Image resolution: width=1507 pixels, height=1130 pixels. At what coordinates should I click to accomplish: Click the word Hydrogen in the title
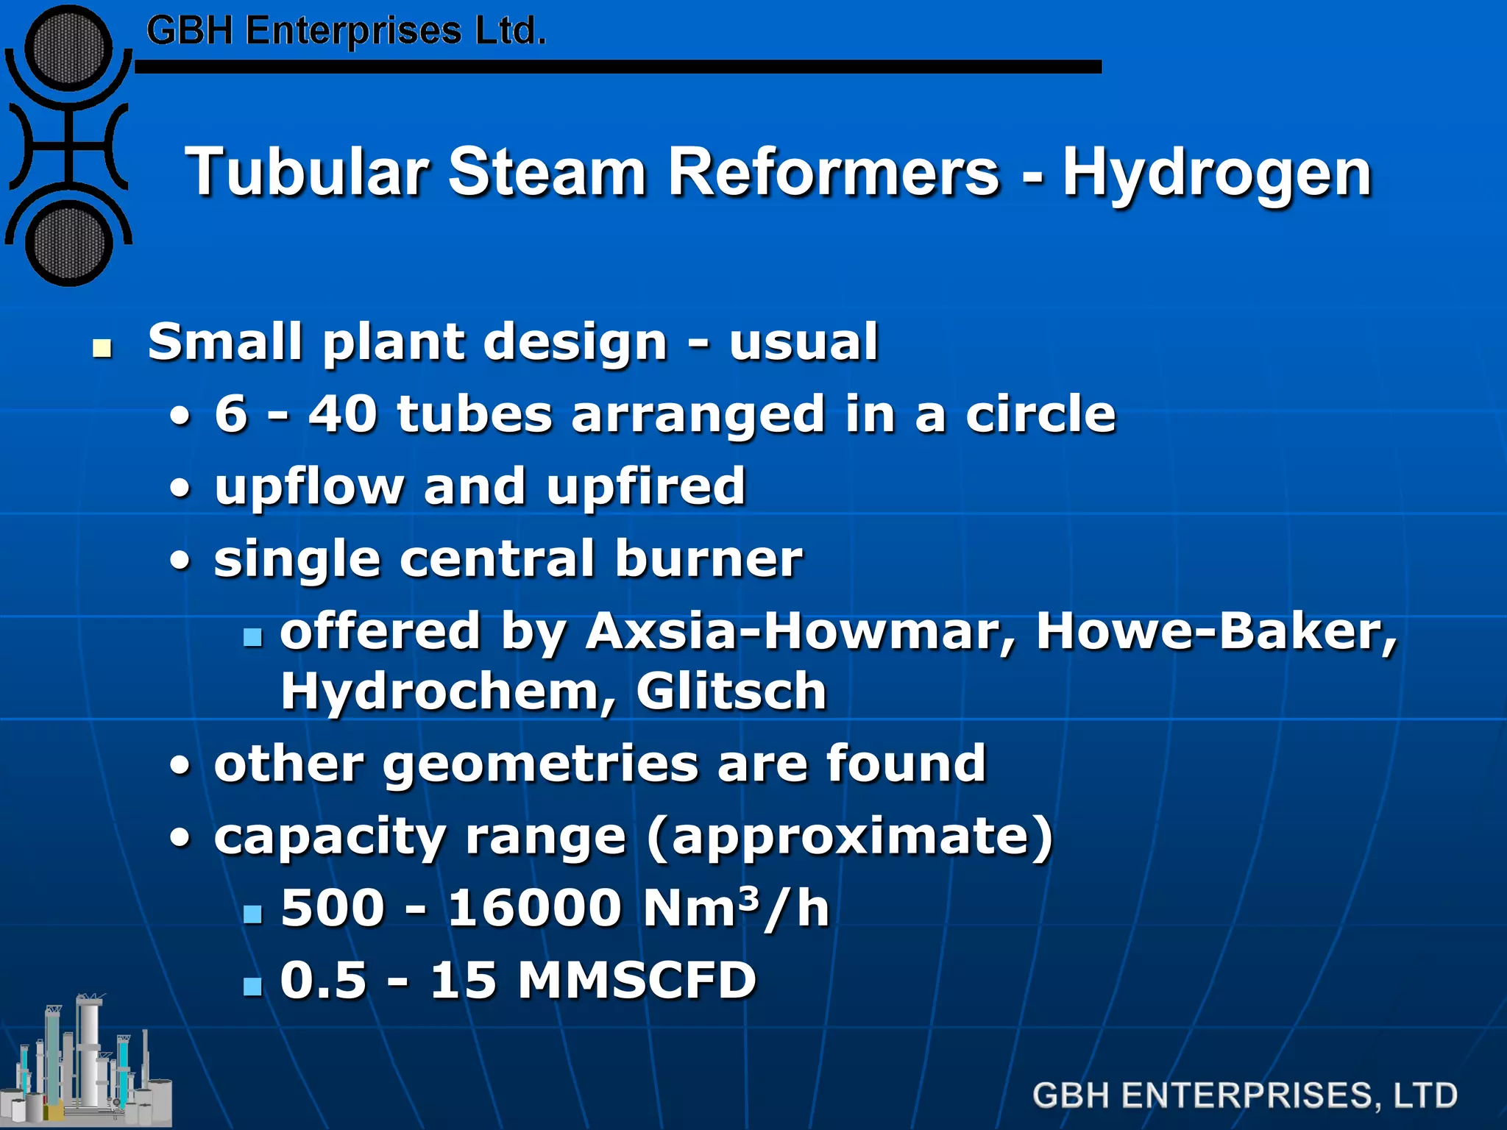tap(1217, 174)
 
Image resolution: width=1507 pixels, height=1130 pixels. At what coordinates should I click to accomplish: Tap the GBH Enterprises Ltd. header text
tap(346, 32)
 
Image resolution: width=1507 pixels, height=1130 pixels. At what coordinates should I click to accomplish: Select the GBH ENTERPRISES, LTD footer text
tap(1244, 1095)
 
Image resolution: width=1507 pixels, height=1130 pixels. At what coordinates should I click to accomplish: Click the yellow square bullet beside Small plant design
tap(102, 347)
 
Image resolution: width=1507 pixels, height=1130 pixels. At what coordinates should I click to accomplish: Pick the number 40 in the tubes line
tap(343, 413)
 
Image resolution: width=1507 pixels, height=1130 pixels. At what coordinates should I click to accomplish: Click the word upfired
tap(646, 487)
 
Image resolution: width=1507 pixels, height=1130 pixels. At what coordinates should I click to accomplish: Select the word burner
tap(709, 559)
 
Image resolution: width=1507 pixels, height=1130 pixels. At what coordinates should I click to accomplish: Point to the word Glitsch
tap(731, 692)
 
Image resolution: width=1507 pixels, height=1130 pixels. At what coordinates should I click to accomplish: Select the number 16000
tap(535, 908)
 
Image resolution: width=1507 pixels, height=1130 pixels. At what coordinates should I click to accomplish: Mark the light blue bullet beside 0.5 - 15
tap(252, 985)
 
